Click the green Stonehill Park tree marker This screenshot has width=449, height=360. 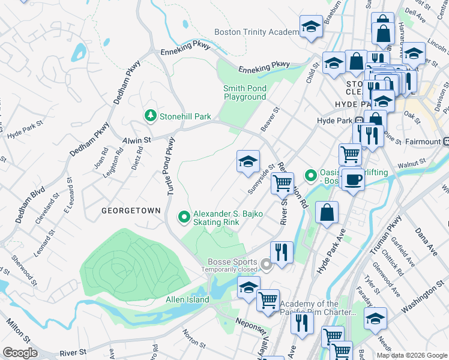(x=149, y=116)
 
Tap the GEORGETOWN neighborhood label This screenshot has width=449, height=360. (x=131, y=211)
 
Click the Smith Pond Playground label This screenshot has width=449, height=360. (x=245, y=92)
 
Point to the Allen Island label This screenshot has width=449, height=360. (x=187, y=299)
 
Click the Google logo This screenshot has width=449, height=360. (x=20, y=352)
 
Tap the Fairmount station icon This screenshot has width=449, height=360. (x=446, y=142)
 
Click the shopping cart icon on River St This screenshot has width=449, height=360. (x=282, y=182)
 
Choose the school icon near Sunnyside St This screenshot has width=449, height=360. (x=248, y=161)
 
